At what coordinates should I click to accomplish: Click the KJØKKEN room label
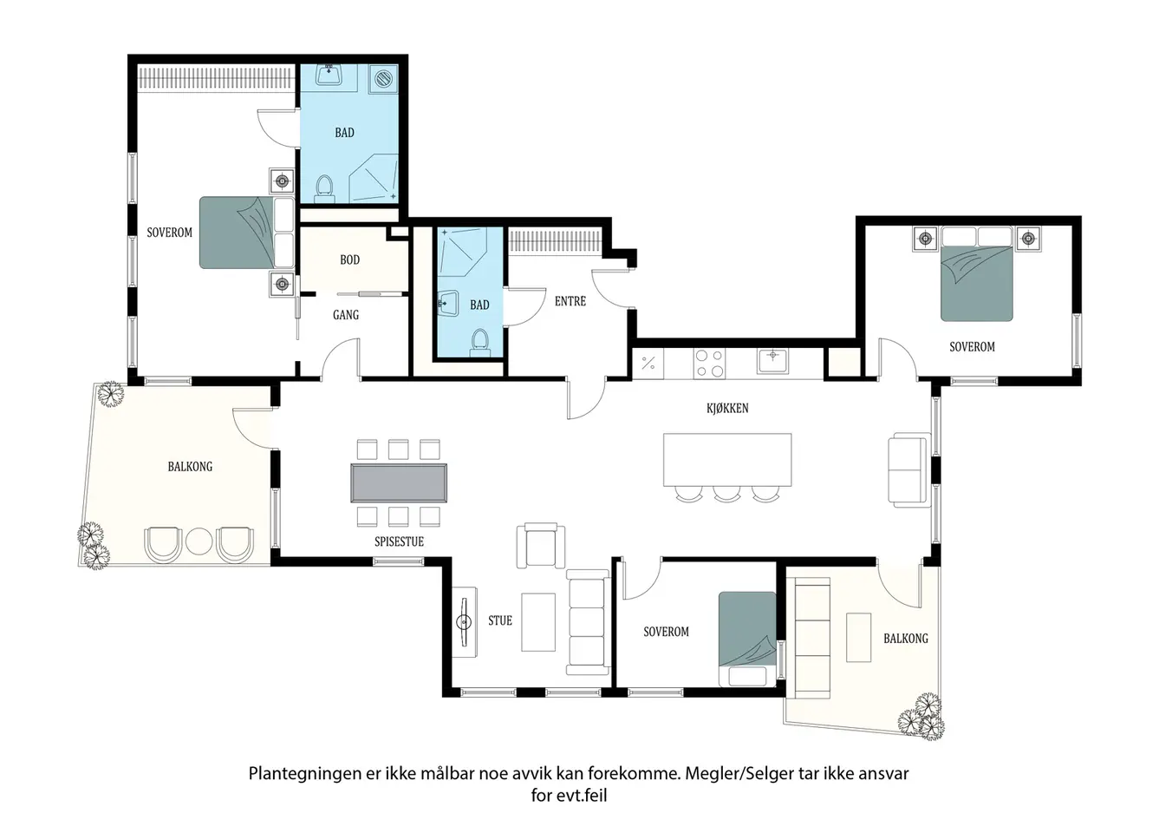(727, 408)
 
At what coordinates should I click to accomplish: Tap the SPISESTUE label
(399, 541)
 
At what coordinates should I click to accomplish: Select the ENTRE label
(570, 301)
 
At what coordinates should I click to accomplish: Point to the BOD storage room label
(349, 259)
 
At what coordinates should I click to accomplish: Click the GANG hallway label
(346, 314)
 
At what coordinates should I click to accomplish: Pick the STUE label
(500, 620)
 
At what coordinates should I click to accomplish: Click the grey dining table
(399, 482)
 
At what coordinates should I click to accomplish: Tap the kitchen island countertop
(727, 460)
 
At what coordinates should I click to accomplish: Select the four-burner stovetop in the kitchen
(709, 363)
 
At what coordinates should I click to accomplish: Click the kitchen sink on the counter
(772, 360)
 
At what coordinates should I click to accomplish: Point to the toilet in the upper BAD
(324, 188)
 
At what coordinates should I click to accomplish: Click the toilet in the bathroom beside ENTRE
(480, 343)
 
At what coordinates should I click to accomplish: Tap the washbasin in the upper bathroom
(329, 75)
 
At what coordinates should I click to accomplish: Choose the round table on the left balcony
(199, 541)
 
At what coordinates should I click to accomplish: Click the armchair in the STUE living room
(541, 545)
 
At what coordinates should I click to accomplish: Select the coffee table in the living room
(538, 622)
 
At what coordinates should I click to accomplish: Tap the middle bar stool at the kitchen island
(726, 494)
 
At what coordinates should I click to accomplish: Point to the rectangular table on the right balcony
(858, 637)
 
